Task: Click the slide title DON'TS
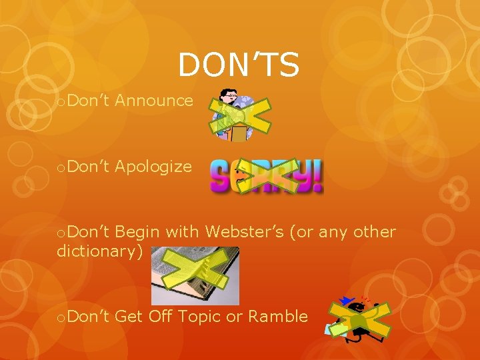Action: pos(239,65)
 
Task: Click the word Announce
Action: pos(154,101)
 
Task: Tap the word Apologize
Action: pos(153,167)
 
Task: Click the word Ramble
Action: pos(277,316)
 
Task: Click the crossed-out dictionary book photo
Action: pos(195,275)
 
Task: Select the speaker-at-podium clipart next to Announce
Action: pos(235,115)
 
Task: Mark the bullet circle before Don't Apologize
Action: pos(61,168)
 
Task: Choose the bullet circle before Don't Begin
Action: pos(61,233)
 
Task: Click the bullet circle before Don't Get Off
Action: pos(61,318)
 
